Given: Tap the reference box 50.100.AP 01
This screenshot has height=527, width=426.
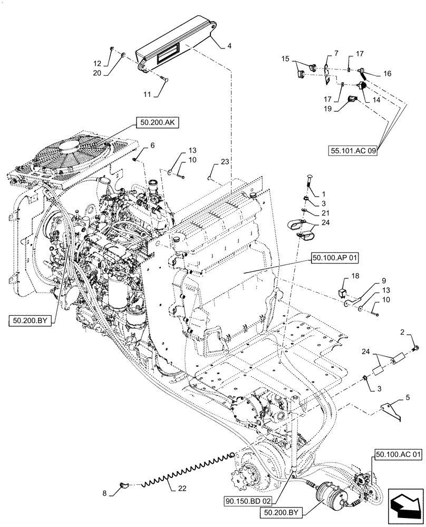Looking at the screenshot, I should click(x=334, y=258).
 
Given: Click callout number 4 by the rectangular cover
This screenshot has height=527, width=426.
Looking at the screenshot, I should click(x=229, y=46).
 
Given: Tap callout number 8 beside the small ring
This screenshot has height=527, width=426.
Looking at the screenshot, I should click(x=104, y=494).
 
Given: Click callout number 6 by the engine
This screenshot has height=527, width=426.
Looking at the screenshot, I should click(x=137, y=145).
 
